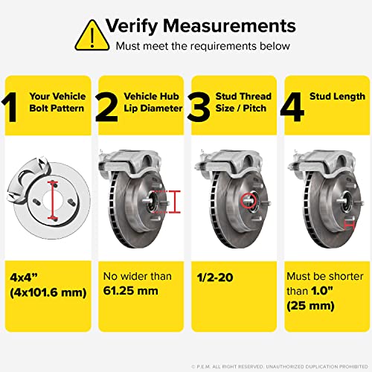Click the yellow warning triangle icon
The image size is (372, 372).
pyautogui.click(x=92, y=33)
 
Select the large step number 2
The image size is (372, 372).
pyautogui.click(x=108, y=106)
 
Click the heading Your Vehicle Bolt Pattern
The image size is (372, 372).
pyautogui.click(x=57, y=102)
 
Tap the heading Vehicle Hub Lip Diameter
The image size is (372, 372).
pyautogui.click(x=151, y=102)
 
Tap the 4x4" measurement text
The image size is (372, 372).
pyautogui.click(x=27, y=277)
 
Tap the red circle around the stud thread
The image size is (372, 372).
pyautogui.click(x=249, y=199)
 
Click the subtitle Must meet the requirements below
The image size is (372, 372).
pyautogui.click(x=191, y=46)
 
